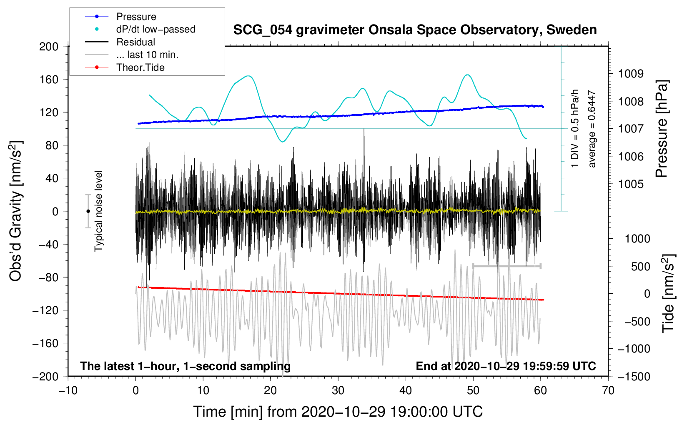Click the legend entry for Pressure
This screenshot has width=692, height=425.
click(x=136, y=17)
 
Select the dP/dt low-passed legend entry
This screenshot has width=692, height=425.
click(x=155, y=29)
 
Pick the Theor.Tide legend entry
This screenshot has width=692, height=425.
click(x=140, y=67)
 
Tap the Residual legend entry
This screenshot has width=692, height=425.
click(x=135, y=42)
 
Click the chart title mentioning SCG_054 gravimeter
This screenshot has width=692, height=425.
click(x=415, y=30)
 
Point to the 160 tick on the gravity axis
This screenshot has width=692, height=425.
click(x=48, y=79)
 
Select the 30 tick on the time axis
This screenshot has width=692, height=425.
click(x=338, y=390)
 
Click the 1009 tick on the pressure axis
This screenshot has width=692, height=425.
click(x=631, y=74)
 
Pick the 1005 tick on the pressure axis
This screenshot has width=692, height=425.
click(x=631, y=184)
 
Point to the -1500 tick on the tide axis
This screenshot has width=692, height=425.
click(x=634, y=376)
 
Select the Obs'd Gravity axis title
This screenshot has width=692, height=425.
click(x=16, y=211)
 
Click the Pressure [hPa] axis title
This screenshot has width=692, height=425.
click(x=662, y=129)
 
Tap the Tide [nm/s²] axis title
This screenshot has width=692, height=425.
click(x=668, y=293)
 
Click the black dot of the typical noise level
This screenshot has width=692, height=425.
click(x=88, y=211)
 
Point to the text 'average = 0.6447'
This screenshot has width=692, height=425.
click(x=592, y=129)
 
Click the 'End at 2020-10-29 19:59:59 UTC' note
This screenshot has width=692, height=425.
click(x=506, y=366)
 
